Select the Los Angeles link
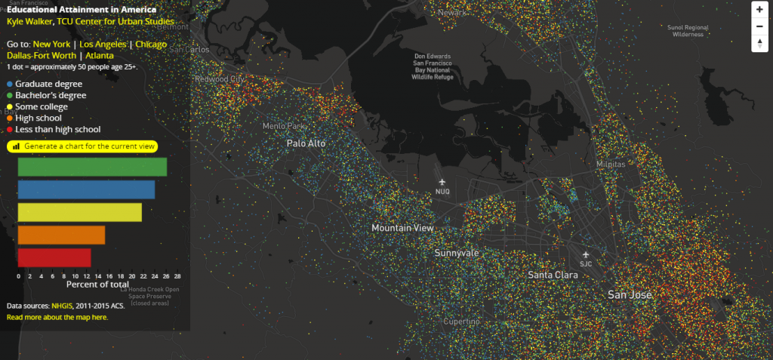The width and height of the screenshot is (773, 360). click(x=102, y=45)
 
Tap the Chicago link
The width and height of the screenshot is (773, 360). click(x=152, y=45)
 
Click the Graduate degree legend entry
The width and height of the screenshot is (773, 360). click(x=48, y=84)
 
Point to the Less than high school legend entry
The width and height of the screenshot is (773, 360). click(x=57, y=129)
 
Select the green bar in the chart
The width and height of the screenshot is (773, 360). click(x=92, y=167)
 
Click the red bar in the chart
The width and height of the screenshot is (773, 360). click(x=54, y=257)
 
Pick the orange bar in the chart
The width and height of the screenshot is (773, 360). click(x=61, y=235)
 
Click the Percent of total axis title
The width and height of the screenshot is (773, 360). click(x=97, y=285)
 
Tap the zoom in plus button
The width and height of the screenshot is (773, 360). click(x=759, y=11)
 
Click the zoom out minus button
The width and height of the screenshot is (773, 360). click(x=759, y=26)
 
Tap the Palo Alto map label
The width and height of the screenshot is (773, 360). click(x=306, y=143)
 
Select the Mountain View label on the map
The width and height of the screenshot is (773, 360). click(x=402, y=227)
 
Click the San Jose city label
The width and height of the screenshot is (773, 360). click(x=630, y=294)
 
